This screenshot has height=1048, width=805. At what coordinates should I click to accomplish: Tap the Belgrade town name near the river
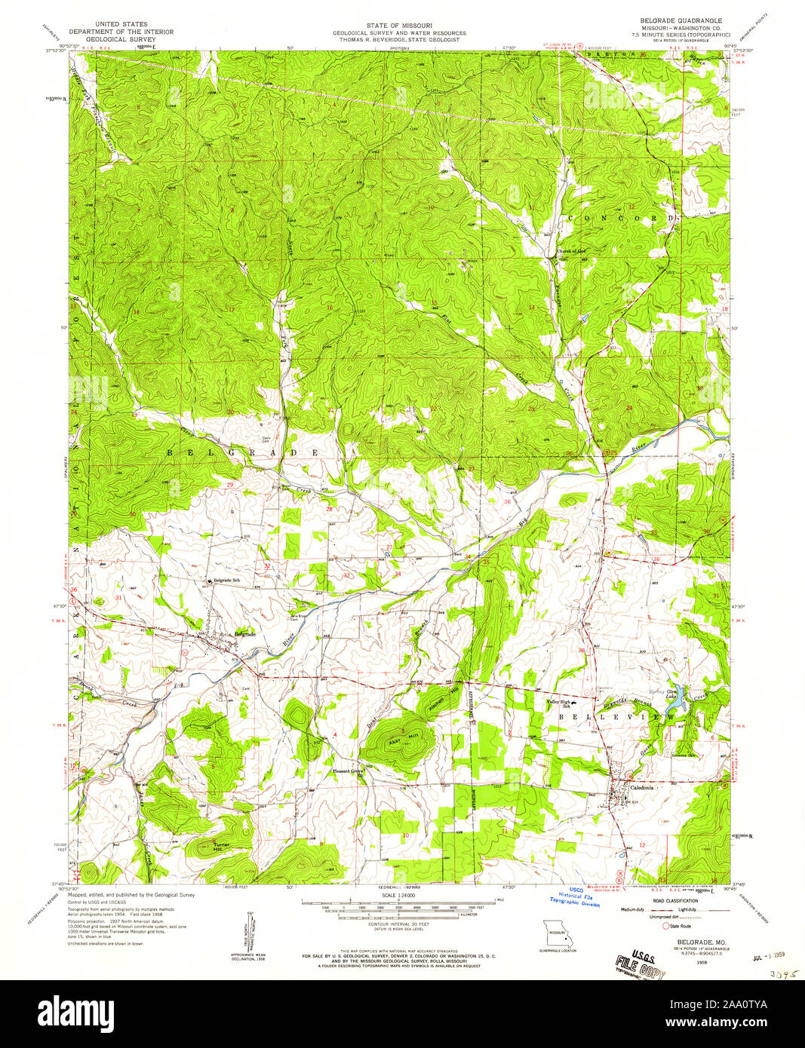[245, 634]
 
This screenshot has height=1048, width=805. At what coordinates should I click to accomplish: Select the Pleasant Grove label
[349, 771]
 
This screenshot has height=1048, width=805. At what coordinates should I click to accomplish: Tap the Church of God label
[571, 251]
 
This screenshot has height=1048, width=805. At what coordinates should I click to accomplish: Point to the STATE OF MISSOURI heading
[399, 25]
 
